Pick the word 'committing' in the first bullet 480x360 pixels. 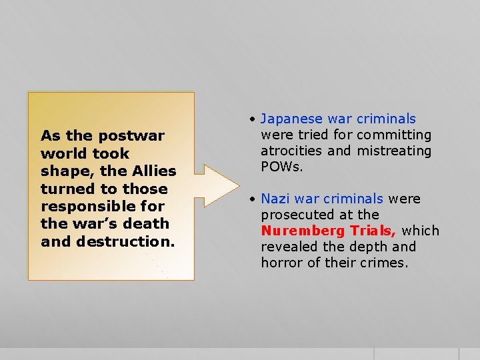[393, 135]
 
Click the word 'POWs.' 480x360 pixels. [281, 167]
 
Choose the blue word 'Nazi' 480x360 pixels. [275, 199]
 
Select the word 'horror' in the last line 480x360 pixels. [283, 263]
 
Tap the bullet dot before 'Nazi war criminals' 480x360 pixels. [253, 199]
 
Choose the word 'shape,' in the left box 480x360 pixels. [64, 171]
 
